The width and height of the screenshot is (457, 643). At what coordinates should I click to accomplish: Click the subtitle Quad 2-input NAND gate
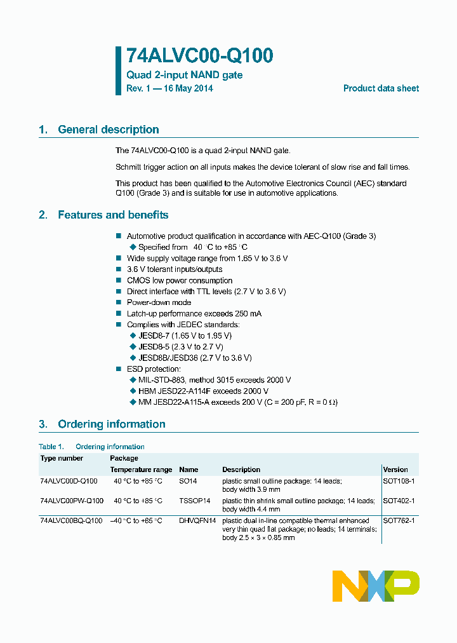[184, 75]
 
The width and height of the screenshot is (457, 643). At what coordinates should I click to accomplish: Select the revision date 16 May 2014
[189, 89]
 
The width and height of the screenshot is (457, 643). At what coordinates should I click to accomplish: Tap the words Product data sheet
[381, 89]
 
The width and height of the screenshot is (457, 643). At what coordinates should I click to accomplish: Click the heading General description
[108, 130]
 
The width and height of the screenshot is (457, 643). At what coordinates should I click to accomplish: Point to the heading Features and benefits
[113, 215]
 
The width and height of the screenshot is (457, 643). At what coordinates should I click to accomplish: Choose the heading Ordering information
[111, 424]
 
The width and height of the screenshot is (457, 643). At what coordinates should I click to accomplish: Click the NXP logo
[376, 586]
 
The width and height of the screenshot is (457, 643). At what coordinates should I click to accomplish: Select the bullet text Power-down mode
[159, 302]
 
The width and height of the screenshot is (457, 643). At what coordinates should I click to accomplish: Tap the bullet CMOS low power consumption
[180, 280]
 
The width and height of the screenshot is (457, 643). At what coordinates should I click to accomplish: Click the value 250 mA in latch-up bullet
[248, 313]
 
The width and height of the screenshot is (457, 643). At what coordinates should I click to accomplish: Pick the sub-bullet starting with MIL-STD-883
[214, 380]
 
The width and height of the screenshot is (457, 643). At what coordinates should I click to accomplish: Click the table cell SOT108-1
[399, 481]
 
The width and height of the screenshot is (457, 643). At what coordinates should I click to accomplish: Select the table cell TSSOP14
[194, 501]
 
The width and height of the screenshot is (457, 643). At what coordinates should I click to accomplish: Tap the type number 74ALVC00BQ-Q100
[70, 520]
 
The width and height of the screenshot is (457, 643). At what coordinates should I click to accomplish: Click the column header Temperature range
[141, 470]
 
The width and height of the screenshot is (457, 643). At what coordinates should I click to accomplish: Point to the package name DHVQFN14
[197, 520]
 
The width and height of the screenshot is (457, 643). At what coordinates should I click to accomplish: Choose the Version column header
[395, 470]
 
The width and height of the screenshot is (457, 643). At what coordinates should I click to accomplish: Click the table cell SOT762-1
[399, 520]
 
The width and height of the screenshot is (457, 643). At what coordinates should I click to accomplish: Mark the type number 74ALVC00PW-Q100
[71, 501]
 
